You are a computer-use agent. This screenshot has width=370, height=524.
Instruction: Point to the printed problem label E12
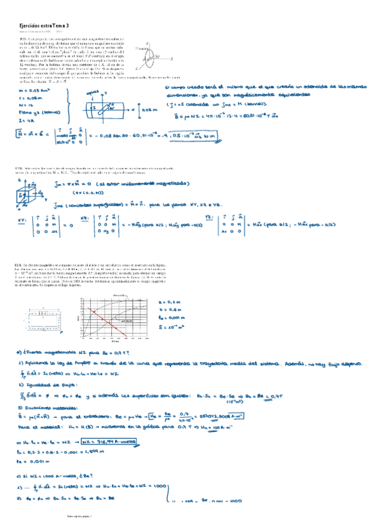tap(19, 168)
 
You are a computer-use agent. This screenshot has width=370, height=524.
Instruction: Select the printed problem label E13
tap(19, 264)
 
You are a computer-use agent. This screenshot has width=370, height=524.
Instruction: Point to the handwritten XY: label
tap(22, 219)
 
